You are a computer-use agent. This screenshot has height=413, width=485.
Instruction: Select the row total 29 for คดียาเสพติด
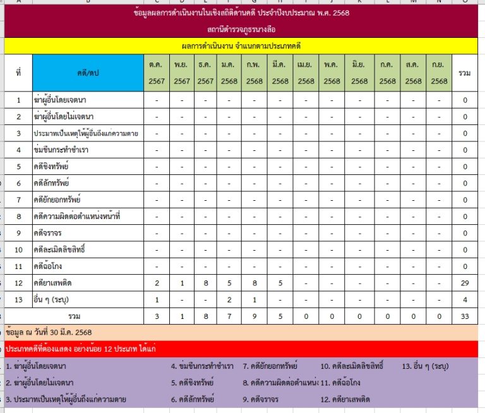tap(465, 283)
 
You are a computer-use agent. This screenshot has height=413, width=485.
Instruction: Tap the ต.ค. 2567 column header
tap(156, 73)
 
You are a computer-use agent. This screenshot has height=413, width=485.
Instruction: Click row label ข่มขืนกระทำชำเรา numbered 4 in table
tap(61, 150)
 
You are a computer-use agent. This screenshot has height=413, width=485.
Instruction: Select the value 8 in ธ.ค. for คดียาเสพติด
tap(205, 283)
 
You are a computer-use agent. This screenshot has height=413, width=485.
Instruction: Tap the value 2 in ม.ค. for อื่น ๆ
tap(229, 299)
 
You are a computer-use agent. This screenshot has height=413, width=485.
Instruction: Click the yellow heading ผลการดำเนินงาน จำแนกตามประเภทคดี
tap(240, 46)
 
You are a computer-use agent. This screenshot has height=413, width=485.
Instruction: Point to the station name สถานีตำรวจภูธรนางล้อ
tap(240, 29)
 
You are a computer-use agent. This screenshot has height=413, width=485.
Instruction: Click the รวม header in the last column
tap(465, 73)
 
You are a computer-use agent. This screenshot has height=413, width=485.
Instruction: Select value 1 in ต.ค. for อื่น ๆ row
tap(157, 299)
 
